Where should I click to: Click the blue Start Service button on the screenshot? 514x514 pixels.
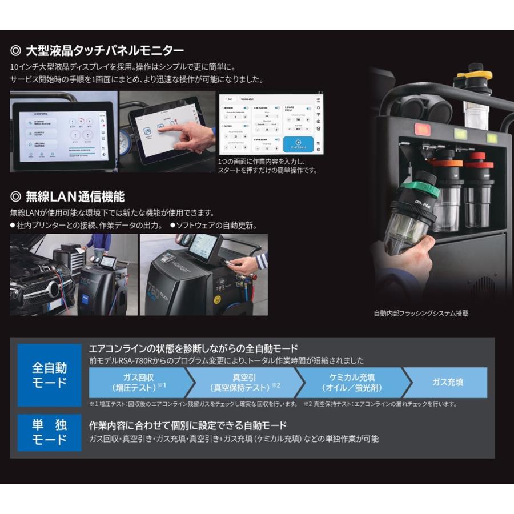point(298,144)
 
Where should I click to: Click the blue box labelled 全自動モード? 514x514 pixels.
point(49,375)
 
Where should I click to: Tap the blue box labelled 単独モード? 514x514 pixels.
point(49,433)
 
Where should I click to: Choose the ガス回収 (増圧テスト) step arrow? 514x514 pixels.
point(137,382)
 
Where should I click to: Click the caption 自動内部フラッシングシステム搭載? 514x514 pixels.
point(420,314)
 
